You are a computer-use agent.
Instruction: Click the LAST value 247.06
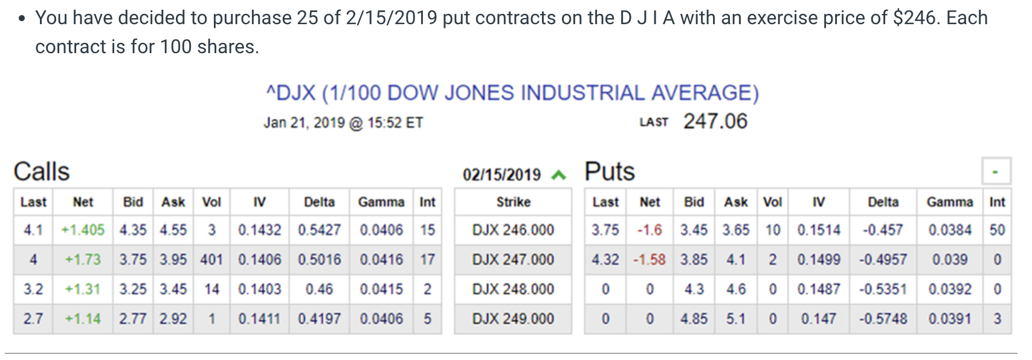pos(715,121)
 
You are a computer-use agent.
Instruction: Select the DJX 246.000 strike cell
pos(513,230)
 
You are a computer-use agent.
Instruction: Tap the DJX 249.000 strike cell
pos(513,319)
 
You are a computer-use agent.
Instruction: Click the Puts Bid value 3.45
pos(694,230)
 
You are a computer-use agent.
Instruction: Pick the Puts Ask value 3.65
pos(736,230)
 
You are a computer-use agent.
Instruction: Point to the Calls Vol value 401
pos(211,260)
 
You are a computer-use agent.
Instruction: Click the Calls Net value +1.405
pos(83,230)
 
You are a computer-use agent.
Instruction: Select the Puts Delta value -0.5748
pos(883,319)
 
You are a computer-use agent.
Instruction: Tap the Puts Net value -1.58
pos(650,260)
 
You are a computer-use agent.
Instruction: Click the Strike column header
pos(513,202)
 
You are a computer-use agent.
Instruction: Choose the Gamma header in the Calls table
pos(381,202)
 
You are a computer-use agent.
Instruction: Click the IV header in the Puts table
pos(818,202)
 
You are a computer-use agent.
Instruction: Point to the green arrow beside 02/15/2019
pos(559,175)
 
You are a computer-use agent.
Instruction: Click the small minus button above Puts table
pos(995,172)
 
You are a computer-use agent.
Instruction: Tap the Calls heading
pos(42,172)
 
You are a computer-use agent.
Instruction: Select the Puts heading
pos(610,172)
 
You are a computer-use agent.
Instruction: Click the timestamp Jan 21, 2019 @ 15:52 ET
pos(343,123)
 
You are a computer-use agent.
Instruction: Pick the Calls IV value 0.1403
pos(259,289)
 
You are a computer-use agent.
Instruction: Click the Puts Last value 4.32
pos(605,260)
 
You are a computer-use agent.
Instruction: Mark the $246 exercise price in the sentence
pos(914,18)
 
